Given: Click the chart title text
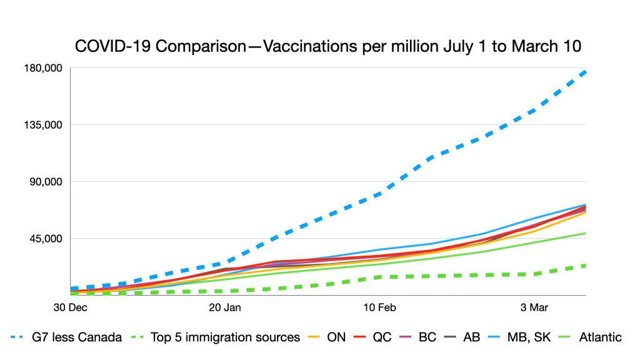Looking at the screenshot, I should coord(328,46).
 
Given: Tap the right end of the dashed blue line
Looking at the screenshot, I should coord(585,72).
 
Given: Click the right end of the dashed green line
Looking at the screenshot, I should coord(585,265).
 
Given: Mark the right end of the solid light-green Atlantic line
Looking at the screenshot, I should coord(585,233).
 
